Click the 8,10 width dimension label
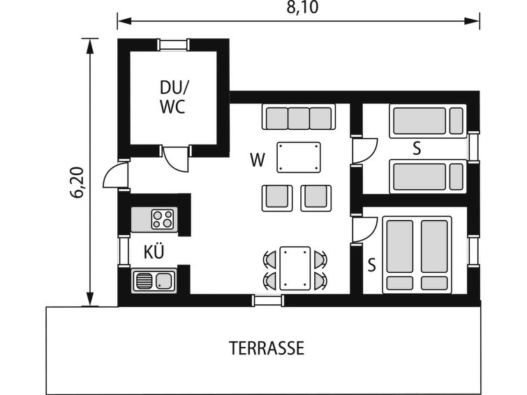pyautogui.click(x=302, y=8)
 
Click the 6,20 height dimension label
pyautogui.click(x=77, y=182)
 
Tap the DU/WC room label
pyautogui.click(x=174, y=98)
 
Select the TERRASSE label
pyautogui.click(x=267, y=348)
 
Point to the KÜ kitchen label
pyautogui.click(x=154, y=252)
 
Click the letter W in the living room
pyautogui.click(x=258, y=160)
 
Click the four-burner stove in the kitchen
pyautogui.click(x=163, y=219)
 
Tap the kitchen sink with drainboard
pyautogui.click(x=154, y=281)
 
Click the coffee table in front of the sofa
pyautogui.click(x=299, y=157)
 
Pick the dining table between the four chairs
pyautogui.click(x=295, y=268)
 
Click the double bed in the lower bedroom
pyautogui.click(x=417, y=255)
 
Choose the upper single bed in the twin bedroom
pyautogui.click(x=427, y=121)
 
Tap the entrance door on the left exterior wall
pyautogui.click(x=116, y=174)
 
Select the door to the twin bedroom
pyautogui.click(x=364, y=150)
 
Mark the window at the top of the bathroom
pyautogui.click(x=172, y=45)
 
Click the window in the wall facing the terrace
pyautogui.click(x=267, y=300)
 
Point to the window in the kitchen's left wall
pyautogui.click(x=124, y=251)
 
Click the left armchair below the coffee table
pyautogui.click(x=277, y=198)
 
